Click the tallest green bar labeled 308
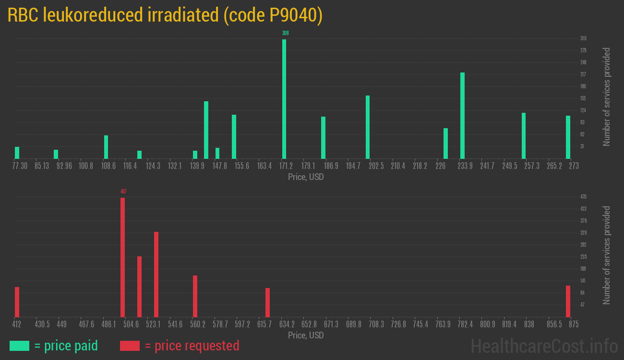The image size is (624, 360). coord(284,99)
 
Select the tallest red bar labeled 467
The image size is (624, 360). coord(122,257)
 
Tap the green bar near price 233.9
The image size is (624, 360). coord(462,116)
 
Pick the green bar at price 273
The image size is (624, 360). coord(568,137)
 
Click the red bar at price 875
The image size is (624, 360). coord(568,301)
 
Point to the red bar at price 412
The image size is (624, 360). coord(17,302)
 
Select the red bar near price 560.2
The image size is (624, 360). coord(195,296)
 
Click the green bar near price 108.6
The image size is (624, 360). coord(106,147)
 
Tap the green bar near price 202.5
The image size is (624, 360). coord(368,127)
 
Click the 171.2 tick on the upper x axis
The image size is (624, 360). coord(286,166)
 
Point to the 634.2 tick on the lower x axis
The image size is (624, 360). coord(287,324)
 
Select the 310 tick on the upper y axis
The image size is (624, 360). coord(583,38)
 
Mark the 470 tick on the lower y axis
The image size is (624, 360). coord(583,197)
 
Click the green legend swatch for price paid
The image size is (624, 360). coord(19,346)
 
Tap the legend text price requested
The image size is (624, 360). coord(192,346)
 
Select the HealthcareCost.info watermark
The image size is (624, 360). coord(544,346)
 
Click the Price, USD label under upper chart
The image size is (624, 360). coord(306,177)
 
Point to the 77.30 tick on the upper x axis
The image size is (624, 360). coord(20,166)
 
